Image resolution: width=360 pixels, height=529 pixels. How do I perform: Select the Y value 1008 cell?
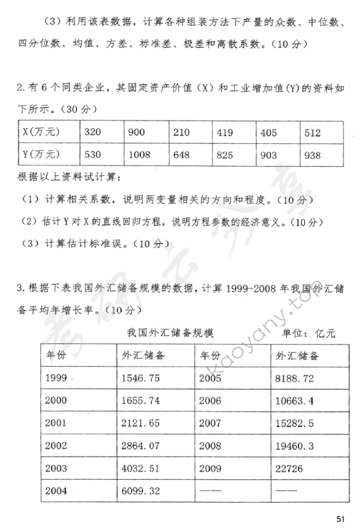(140, 155)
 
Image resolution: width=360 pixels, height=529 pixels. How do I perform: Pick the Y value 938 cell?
(312, 155)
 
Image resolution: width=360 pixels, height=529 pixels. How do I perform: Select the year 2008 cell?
(211, 446)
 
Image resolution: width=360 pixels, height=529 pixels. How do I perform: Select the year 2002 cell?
(57, 446)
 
